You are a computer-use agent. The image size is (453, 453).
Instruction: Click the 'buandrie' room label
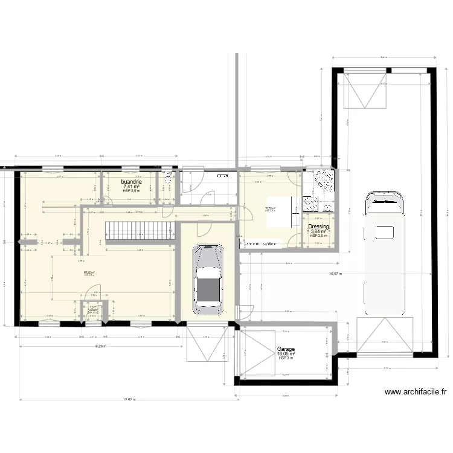(131, 182)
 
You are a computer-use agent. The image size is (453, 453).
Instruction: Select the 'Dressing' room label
(318, 227)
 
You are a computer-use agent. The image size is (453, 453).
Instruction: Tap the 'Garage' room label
(286, 349)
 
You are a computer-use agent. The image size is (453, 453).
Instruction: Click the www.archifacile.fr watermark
(416, 392)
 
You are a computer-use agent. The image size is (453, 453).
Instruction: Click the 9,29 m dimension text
(101, 346)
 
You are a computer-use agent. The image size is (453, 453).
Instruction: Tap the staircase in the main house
(140, 229)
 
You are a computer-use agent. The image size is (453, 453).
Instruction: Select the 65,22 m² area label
(89, 272)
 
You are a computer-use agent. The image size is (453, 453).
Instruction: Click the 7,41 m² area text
(131, 187)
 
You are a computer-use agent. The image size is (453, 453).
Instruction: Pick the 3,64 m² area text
(318, 231)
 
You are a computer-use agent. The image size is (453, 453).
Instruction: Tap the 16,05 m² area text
(286, 354)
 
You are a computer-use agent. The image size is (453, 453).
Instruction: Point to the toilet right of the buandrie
(168, 179)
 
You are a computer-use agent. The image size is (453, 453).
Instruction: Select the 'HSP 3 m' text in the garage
(286, 358)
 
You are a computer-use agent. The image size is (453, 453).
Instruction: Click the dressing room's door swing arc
(296, 240)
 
